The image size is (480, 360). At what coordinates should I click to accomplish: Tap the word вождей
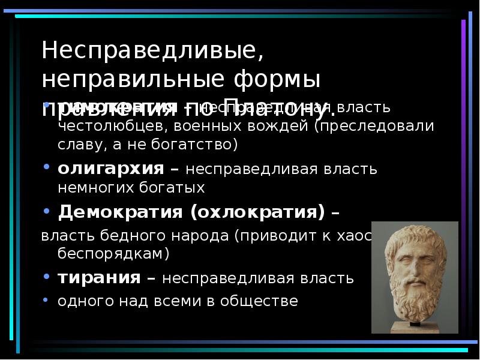click(x=280, y=127)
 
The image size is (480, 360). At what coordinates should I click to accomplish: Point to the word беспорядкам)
click(x=113, y=254)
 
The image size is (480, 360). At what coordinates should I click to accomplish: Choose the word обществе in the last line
click(x=262, y=301)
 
